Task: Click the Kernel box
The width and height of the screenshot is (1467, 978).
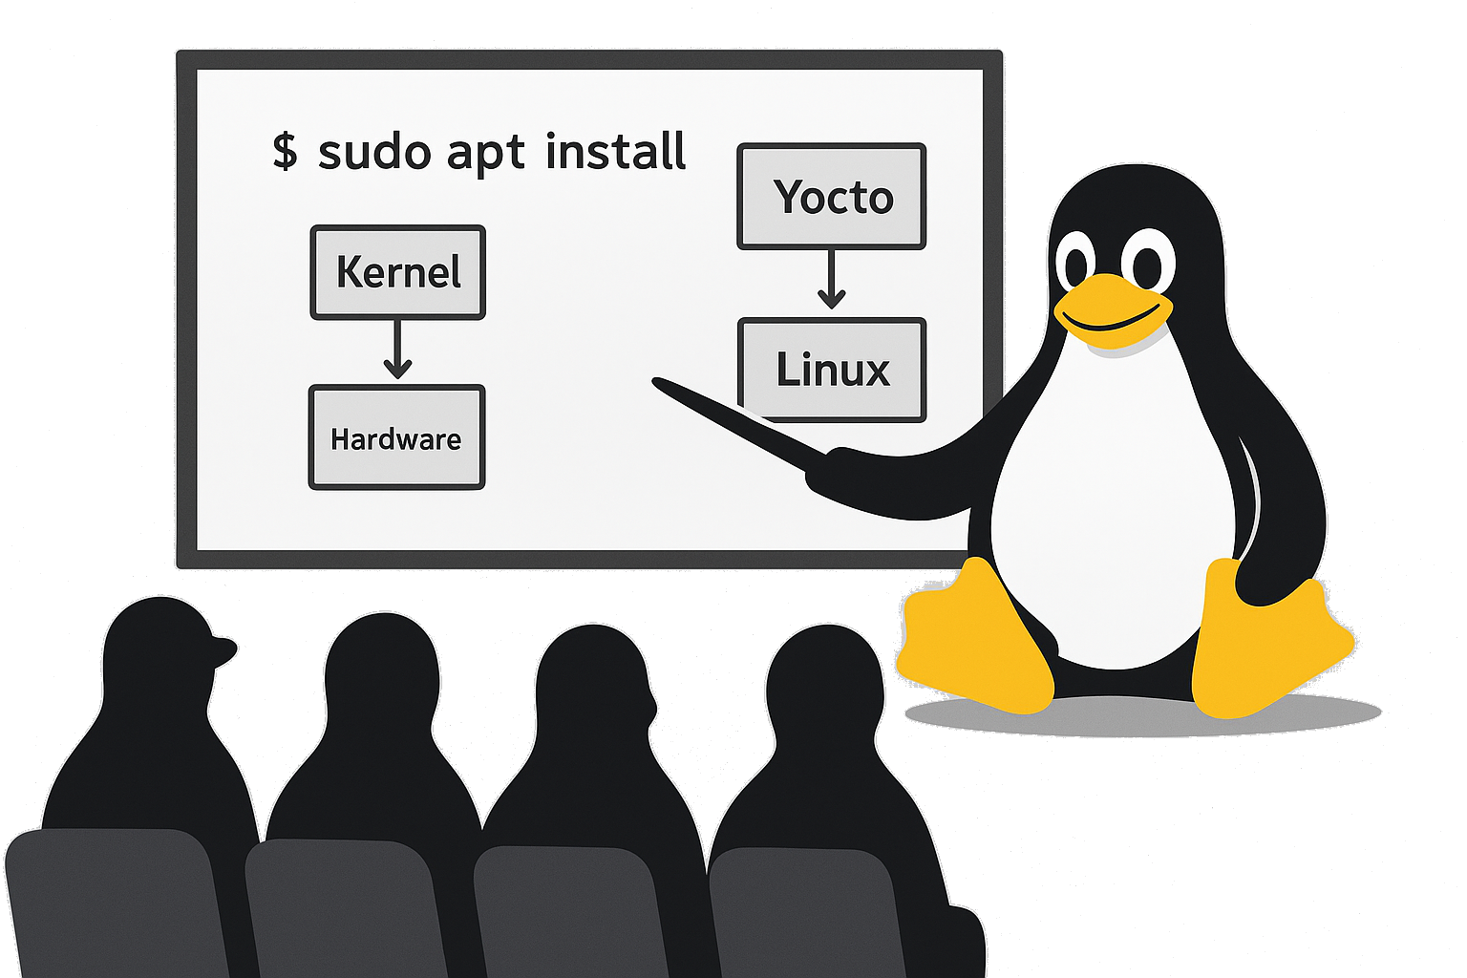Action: [397, 272]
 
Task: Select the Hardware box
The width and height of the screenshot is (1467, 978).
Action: [396, 437]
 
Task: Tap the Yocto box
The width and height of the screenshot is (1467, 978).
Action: [831, 197]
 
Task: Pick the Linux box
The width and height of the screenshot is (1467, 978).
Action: [831, 370]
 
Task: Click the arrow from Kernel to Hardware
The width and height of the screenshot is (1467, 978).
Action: [397, 350]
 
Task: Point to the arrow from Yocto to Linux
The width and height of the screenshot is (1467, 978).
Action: [831, 279]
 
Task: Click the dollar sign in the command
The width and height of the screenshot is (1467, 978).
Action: [285, 152]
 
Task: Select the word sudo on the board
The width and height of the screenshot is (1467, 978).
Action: [373, 153]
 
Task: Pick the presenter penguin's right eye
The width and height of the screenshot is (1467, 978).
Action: [1147, 260]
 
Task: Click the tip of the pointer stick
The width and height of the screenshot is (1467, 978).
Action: [658, 383]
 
